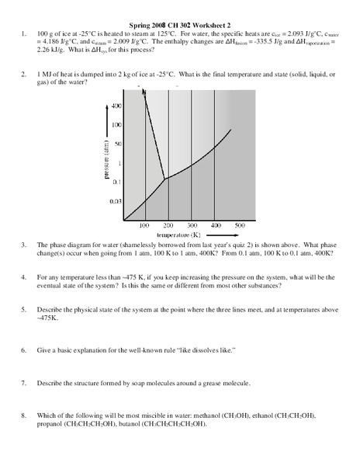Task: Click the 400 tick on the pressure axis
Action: click(x=117, y=105)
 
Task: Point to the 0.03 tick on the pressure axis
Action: click(x=116, y=201)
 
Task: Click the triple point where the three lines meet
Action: click(x=164, y=179)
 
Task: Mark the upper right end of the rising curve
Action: click(x=231, y=128)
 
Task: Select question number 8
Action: click(x=25, y=417)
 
